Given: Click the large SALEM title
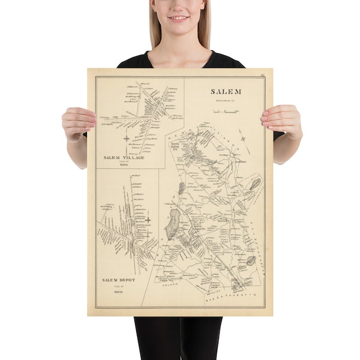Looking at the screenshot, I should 226,91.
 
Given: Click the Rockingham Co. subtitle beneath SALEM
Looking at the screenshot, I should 226,101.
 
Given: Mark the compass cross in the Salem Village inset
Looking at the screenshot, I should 127,139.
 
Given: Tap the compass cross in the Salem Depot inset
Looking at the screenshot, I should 147,220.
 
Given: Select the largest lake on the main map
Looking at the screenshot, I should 172,223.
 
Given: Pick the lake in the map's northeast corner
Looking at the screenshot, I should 254,184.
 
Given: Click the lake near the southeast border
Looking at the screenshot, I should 250,261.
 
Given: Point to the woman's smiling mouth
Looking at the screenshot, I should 178,17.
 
